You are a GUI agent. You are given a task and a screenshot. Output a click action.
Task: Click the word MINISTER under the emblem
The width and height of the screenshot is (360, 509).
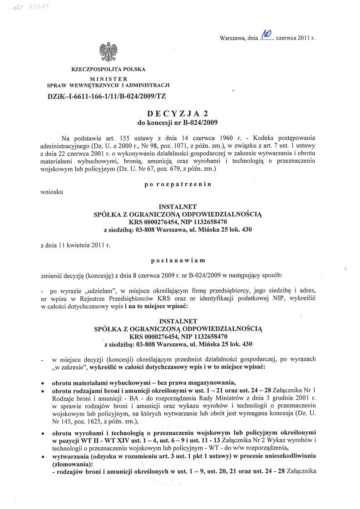click(108, 79)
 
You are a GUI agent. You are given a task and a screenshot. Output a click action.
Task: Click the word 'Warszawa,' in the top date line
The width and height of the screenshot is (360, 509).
click(233, 38)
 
